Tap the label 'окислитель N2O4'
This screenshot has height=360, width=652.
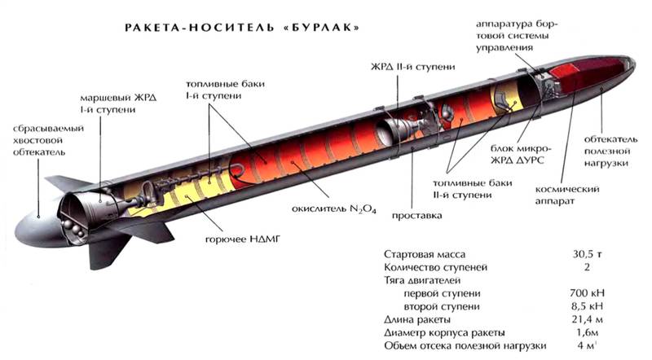coord(334,209)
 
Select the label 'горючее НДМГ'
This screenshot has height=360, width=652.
coord(243,239)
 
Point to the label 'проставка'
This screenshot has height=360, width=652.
coord(416,215)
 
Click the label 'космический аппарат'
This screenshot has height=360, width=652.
coord(566,195)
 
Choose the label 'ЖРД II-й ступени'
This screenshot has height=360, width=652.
coord(412,67)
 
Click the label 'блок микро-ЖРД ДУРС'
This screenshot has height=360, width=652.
coord(520,154)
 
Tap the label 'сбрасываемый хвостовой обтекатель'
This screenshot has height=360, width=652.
coord(48,140)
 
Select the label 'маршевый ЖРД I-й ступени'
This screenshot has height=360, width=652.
coord(118,103)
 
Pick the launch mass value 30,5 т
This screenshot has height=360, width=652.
coord(587,253)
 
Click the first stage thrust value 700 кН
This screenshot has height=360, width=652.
coord(587,292)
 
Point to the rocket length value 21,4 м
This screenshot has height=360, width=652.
coord(587,319)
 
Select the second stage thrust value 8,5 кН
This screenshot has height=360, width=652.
coord(587,306)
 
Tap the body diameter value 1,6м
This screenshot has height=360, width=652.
coord(587,332)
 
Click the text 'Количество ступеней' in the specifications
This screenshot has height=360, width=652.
coord(435,267)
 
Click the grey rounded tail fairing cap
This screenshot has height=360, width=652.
coord(39,224)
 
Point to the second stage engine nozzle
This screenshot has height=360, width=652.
coord(394,129)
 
